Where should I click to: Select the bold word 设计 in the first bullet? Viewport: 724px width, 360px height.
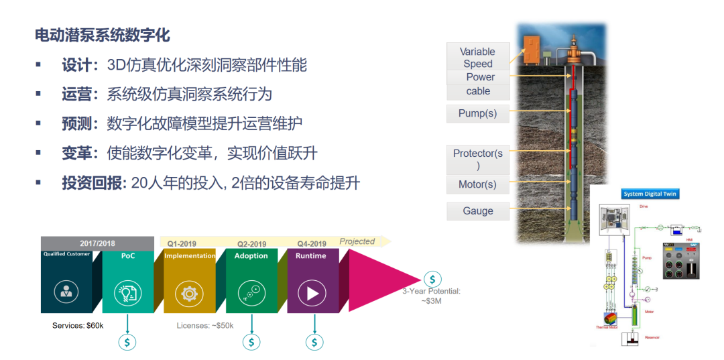76,65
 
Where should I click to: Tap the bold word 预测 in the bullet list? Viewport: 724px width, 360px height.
76,123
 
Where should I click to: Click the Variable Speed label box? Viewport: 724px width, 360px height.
477,57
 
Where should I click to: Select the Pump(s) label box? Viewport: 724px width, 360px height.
477,113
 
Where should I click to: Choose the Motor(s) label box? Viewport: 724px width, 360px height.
477,184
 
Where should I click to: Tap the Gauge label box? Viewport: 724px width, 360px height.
477,211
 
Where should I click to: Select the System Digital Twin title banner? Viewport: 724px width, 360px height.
650,194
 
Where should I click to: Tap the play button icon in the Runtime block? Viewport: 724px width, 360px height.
312,293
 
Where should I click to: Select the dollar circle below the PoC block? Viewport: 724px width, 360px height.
127,342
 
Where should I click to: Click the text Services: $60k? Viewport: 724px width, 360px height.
78,325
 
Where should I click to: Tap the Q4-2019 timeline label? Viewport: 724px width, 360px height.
312,243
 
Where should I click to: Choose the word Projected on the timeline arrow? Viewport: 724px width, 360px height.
357,241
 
